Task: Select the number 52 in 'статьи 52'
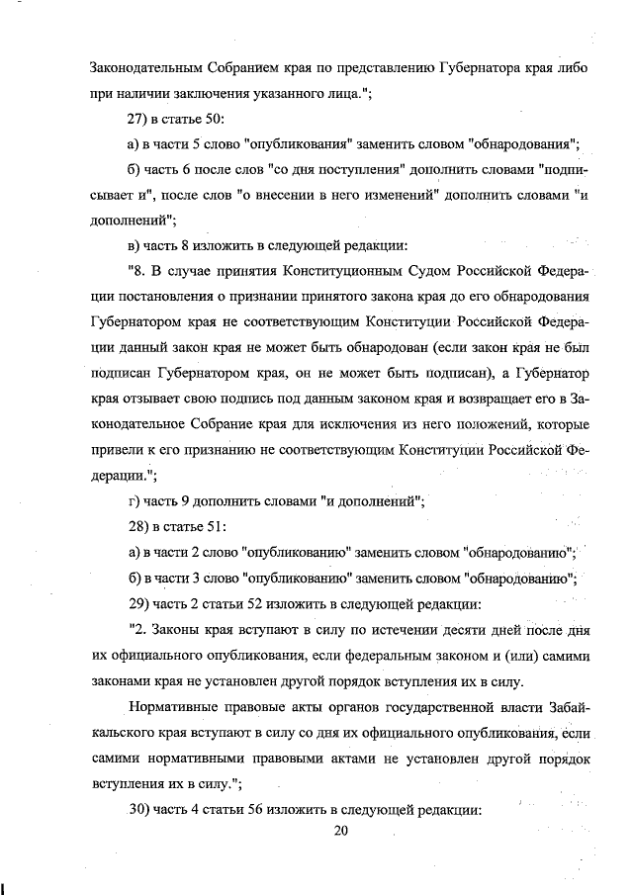264,601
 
